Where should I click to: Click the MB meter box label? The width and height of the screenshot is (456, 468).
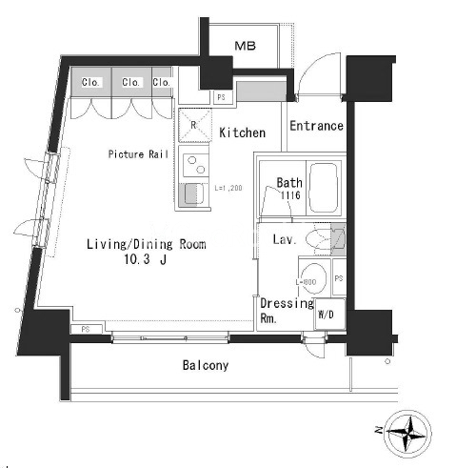(x=245, y=46)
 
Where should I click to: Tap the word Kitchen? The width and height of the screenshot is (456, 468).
(x=243, y=132)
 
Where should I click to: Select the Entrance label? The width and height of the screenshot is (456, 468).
(x=316, y=126)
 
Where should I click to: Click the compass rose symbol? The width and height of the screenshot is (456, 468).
(x=407, y=435)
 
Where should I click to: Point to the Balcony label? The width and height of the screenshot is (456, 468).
(x=206, y=365)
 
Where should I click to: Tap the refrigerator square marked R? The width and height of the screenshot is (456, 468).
(x=195, y=125)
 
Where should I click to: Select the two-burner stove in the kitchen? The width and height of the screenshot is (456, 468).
(x=196, y=165)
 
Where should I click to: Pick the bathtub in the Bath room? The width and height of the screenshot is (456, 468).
(x=324, y=188)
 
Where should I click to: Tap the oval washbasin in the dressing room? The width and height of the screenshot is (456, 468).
(x=313, y=277)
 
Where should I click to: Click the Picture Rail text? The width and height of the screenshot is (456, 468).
(x=138, y=154)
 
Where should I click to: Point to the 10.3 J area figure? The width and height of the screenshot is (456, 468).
(x=145, y=259)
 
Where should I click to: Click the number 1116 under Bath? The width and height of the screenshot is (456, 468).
(x=290, y=194)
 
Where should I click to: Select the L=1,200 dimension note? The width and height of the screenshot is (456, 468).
(x=228, y=188)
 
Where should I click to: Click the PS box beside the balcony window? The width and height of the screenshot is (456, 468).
(x=87, y=330)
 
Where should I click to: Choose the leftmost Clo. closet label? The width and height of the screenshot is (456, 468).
(x=90, y=82)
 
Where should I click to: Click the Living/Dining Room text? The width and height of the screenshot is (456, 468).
(x=147, y=244)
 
